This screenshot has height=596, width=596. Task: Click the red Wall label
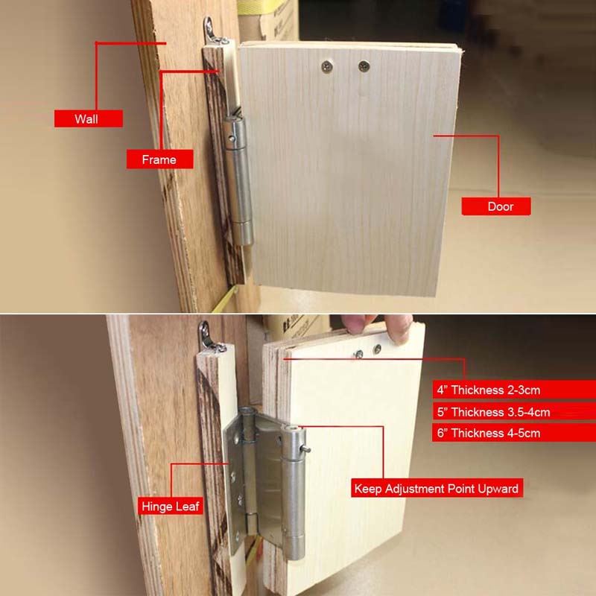click(88, 118)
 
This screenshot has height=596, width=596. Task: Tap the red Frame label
click(159, 159)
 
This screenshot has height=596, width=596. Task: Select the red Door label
click(496, 206)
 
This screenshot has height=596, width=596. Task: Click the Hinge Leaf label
click(171, 507)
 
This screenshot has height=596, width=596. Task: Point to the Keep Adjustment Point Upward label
click(437, 488)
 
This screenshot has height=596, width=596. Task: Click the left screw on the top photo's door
click(327, 67)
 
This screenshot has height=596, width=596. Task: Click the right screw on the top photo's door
click(364, 66)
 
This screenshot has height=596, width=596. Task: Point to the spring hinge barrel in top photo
click(238, 180)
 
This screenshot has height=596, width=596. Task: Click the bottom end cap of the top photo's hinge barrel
click(244, 234)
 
